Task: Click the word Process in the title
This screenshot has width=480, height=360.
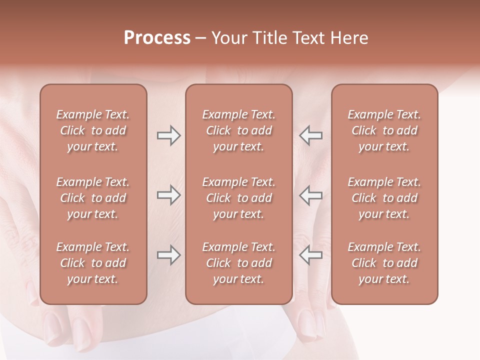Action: click(157, 38)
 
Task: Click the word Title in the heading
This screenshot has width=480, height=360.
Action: click(268, 38)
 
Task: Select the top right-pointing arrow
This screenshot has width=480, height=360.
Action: click(169, 135)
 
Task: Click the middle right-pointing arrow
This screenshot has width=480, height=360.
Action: click(169, 195)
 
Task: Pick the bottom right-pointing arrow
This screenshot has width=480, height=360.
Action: click(169, 255)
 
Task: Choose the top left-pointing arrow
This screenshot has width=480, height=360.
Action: click(310, 135)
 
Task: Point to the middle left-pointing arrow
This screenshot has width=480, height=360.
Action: click(310, 195)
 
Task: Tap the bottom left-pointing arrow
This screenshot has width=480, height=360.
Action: click(310, 255)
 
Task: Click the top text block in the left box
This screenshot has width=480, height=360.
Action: click(93, 130)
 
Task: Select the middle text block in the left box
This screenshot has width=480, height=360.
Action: click(93, 198)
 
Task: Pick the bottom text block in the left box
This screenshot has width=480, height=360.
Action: click(93, 263)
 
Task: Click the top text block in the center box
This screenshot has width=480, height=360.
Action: click(238, 130)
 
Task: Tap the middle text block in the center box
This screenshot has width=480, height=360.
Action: click(238, 198)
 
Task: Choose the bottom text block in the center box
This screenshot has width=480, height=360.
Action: click(238, 263)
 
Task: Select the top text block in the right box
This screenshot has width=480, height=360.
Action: click(384, 130)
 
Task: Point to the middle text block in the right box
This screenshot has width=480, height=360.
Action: click(384, 198)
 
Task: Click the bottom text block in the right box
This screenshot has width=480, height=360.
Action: click(384, 263)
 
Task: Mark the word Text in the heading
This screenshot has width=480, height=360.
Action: click(309, 38)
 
